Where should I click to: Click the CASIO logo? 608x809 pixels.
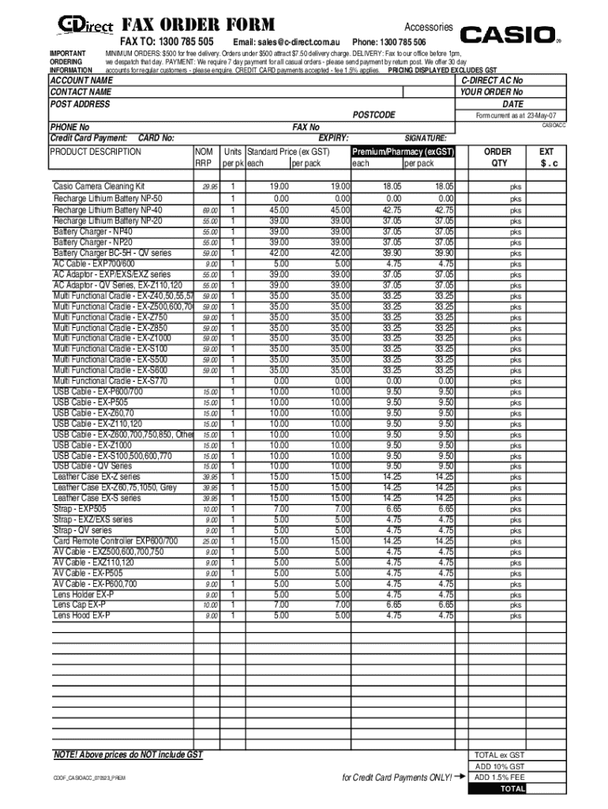(x=508, y=34)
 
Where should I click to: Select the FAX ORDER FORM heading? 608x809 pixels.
(x=197, y=25)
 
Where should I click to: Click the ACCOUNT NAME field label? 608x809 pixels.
(x=81, y=81)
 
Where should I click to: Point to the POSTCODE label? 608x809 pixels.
(x=373, y=115)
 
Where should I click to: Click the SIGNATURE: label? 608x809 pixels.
(x=426, y=137)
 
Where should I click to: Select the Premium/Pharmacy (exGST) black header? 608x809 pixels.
(x=403, y=151)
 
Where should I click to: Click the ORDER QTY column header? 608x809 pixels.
(x=497, y=157)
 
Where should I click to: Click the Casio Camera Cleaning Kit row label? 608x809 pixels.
(x=99, y=186)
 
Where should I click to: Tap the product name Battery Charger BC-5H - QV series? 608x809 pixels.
(x=112, y=253)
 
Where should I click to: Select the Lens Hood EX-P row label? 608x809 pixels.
(x=81, y=615)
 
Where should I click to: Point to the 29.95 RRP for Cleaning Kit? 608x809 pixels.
(x=209, y=187)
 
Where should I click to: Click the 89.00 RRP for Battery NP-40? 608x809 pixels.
(x=209, y=211)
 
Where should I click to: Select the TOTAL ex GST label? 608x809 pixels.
(x=498, y=754)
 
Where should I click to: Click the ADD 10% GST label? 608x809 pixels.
(x=498, y=766)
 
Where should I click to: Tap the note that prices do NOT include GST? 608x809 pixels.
(x=128, y=754)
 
